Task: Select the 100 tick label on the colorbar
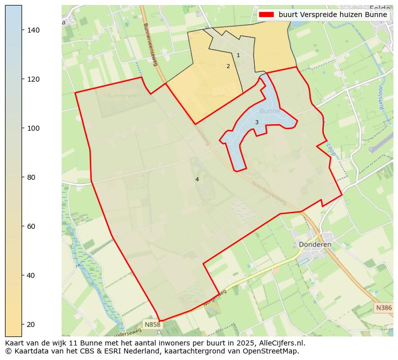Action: (x=33, y=128)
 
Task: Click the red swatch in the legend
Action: (x=266, y=15)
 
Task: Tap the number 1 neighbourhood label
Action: (x=238, y=56)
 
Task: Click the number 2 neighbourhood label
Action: (x=228, y=67)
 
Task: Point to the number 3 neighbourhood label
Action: (x=257, y=123)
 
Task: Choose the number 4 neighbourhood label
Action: (x=197, y=180)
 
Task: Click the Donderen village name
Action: (x=315, y=244)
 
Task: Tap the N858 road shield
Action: (x=152, y=324)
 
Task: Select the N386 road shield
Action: (x=383, y=307)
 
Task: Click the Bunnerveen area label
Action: (x=124, y=95)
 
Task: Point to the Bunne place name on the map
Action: (x=270, y=111)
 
